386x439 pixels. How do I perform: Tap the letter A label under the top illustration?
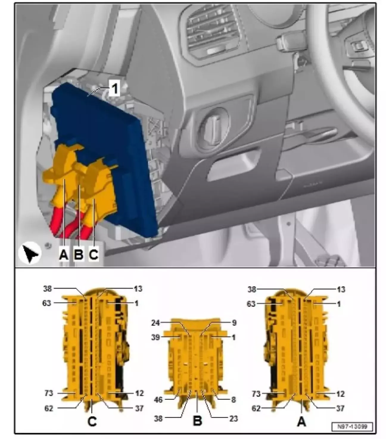coord(64,254)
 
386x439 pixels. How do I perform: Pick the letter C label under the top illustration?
coord(94,254)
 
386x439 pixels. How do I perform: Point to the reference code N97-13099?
coord(352,426)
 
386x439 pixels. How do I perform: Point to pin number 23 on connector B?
coord(233,419)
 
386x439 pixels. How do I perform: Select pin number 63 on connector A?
coord(251,304)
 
